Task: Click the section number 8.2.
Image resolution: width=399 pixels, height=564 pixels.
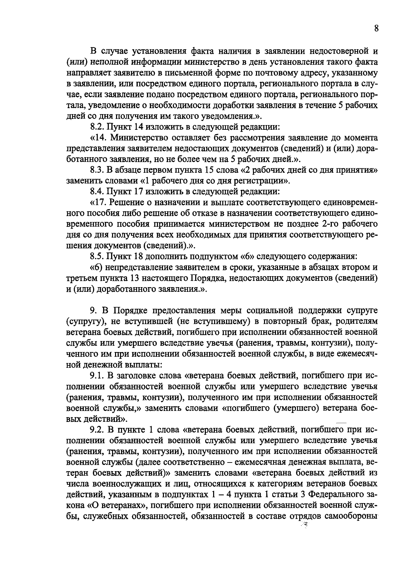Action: pyautogui.click(x=97, y=127)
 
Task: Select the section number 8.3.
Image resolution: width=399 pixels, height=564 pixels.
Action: pyautogui.click(x=97, y=170)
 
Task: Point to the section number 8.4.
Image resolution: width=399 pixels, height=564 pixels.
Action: pyautogui.click(x=97, y=192)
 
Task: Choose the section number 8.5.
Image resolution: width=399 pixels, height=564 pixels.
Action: pyautogui.click(x=97, y=257)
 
